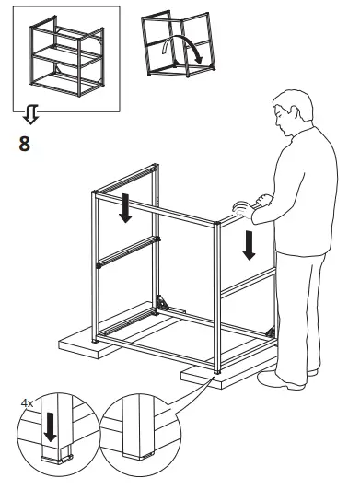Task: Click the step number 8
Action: coord(24,145)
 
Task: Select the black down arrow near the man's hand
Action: coord(247,246)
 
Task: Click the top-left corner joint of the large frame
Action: coord(96,192)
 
